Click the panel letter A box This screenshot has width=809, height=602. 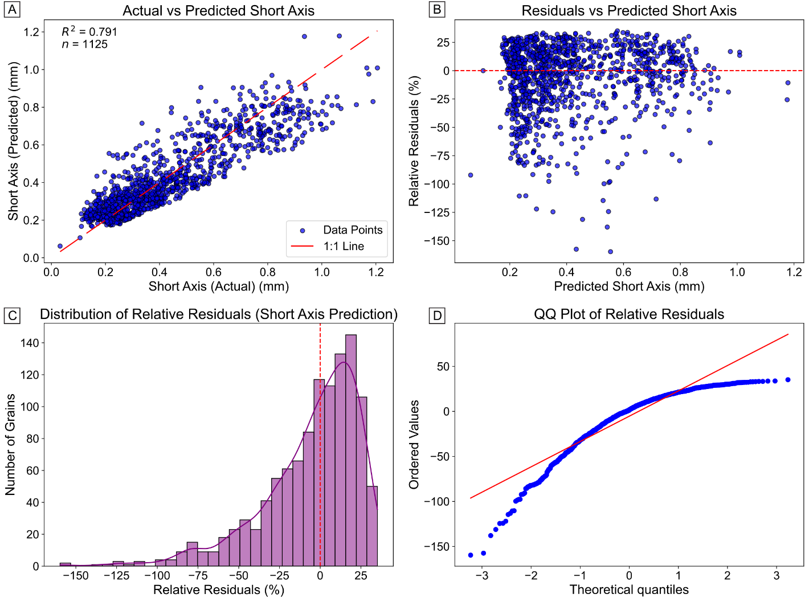point(11,10)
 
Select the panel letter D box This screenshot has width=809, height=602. point(437,315)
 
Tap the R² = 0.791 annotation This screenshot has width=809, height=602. point(89,32)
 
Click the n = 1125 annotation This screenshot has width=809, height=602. point(85,44)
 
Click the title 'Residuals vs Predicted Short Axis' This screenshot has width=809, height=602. point(629,11)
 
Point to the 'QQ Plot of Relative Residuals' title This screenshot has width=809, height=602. point(629,314)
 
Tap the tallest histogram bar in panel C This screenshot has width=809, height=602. point(351,450)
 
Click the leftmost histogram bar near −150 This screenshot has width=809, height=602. point(66,564)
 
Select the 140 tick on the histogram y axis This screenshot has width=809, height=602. point(30,343)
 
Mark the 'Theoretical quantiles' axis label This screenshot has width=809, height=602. point(629,590)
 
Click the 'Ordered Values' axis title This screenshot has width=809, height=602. point(414,444)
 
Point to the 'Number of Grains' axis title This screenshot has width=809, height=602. point(10,444)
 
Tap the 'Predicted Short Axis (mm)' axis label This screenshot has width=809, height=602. point(629,286)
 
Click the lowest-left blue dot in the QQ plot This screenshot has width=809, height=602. point(471,555)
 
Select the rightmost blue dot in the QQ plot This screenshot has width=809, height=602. point(788,380)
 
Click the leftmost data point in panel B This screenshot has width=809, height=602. point(471,175)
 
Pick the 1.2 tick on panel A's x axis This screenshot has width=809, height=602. point(376,272)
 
